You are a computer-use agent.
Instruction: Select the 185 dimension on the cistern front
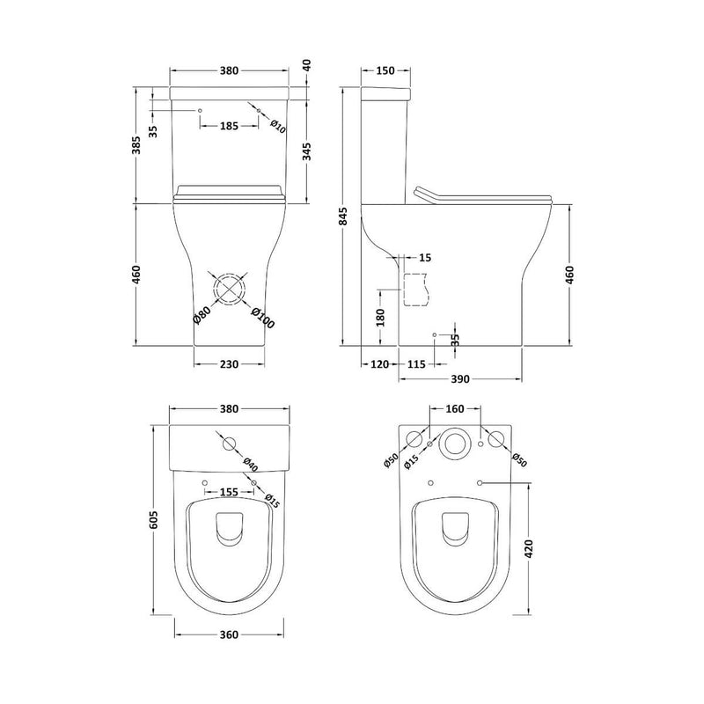pyautogui.click(x=229, y=127)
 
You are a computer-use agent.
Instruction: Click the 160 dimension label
pyautogui.click(x=455, y=409)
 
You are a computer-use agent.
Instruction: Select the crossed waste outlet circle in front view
pyautogui.click(x=229, y=290)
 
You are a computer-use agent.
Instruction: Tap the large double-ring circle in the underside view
pyautogui.click(x=456, y=445)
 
